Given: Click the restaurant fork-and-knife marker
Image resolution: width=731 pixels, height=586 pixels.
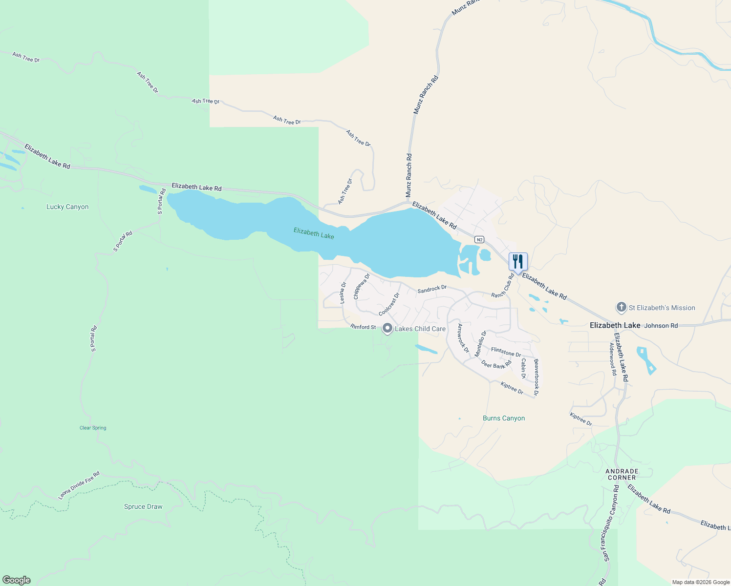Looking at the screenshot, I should tap(518, 262).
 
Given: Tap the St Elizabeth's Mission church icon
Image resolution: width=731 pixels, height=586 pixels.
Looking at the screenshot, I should tap(621, 308).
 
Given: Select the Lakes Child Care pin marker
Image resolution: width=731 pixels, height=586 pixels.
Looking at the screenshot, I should tap(387, 329).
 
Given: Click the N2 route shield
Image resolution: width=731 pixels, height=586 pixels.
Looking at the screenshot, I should tap(479, 239).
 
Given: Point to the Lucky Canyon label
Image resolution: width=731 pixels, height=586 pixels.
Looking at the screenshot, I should tap(67, 207).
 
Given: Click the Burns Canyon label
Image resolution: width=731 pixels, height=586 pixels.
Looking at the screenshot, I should tap(504, 418).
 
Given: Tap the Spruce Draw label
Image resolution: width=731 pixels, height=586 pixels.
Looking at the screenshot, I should tap(143, 506).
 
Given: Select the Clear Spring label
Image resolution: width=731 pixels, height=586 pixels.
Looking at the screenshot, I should tap(93, 428).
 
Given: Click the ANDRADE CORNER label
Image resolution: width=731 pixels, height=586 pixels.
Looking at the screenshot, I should tap(622, 474).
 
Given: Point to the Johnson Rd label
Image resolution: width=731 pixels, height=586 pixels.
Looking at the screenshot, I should tap(661, 325).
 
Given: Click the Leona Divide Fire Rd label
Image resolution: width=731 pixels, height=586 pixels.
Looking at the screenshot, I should tap(79, 485).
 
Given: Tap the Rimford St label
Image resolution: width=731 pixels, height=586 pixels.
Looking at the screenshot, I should tap(363, 327).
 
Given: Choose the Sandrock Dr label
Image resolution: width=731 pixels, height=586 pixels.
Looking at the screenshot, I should tap(432, 289).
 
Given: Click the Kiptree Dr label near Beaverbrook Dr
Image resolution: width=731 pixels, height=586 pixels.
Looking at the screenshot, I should tap(512, 388).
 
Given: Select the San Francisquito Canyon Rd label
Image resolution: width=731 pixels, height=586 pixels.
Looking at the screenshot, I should tap(611, 523).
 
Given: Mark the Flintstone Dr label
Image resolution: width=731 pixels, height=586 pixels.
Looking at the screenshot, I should tap(506, 352).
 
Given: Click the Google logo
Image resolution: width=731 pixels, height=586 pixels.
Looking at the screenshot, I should tap(17, 580).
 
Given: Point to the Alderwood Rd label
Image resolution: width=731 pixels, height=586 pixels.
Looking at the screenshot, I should tap(612, 358).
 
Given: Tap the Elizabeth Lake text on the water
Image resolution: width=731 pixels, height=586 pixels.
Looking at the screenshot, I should tap(314, 233).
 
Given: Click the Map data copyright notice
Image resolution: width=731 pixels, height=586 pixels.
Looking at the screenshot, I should tap(701, 582).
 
